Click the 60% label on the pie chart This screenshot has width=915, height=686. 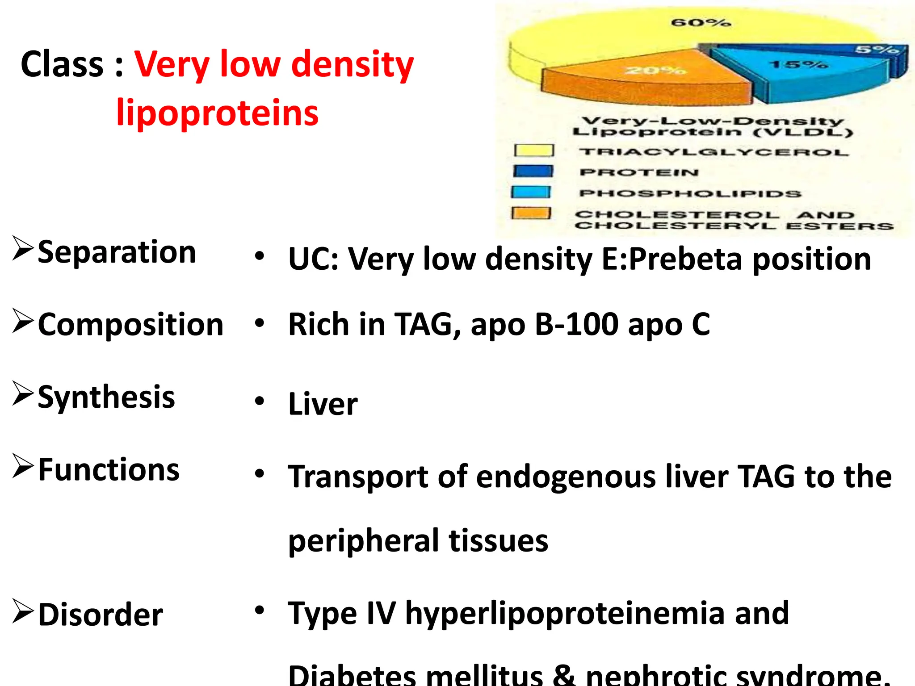701,22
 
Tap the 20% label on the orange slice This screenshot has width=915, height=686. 655,71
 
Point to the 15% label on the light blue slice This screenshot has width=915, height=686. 798,65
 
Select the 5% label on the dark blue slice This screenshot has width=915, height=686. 877,49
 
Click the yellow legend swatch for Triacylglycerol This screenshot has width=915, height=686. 533,151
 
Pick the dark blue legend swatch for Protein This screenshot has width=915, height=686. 533,171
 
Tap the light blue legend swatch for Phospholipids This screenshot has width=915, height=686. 531,192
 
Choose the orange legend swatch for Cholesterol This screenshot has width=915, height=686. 531,213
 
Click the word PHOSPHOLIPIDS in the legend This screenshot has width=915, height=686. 690,194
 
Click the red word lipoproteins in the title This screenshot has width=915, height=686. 217,113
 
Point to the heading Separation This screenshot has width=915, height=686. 117,252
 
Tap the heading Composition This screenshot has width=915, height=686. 130,325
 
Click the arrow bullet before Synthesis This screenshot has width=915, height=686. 23,393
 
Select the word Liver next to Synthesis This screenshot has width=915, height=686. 323,404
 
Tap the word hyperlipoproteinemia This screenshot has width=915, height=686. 565,614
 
